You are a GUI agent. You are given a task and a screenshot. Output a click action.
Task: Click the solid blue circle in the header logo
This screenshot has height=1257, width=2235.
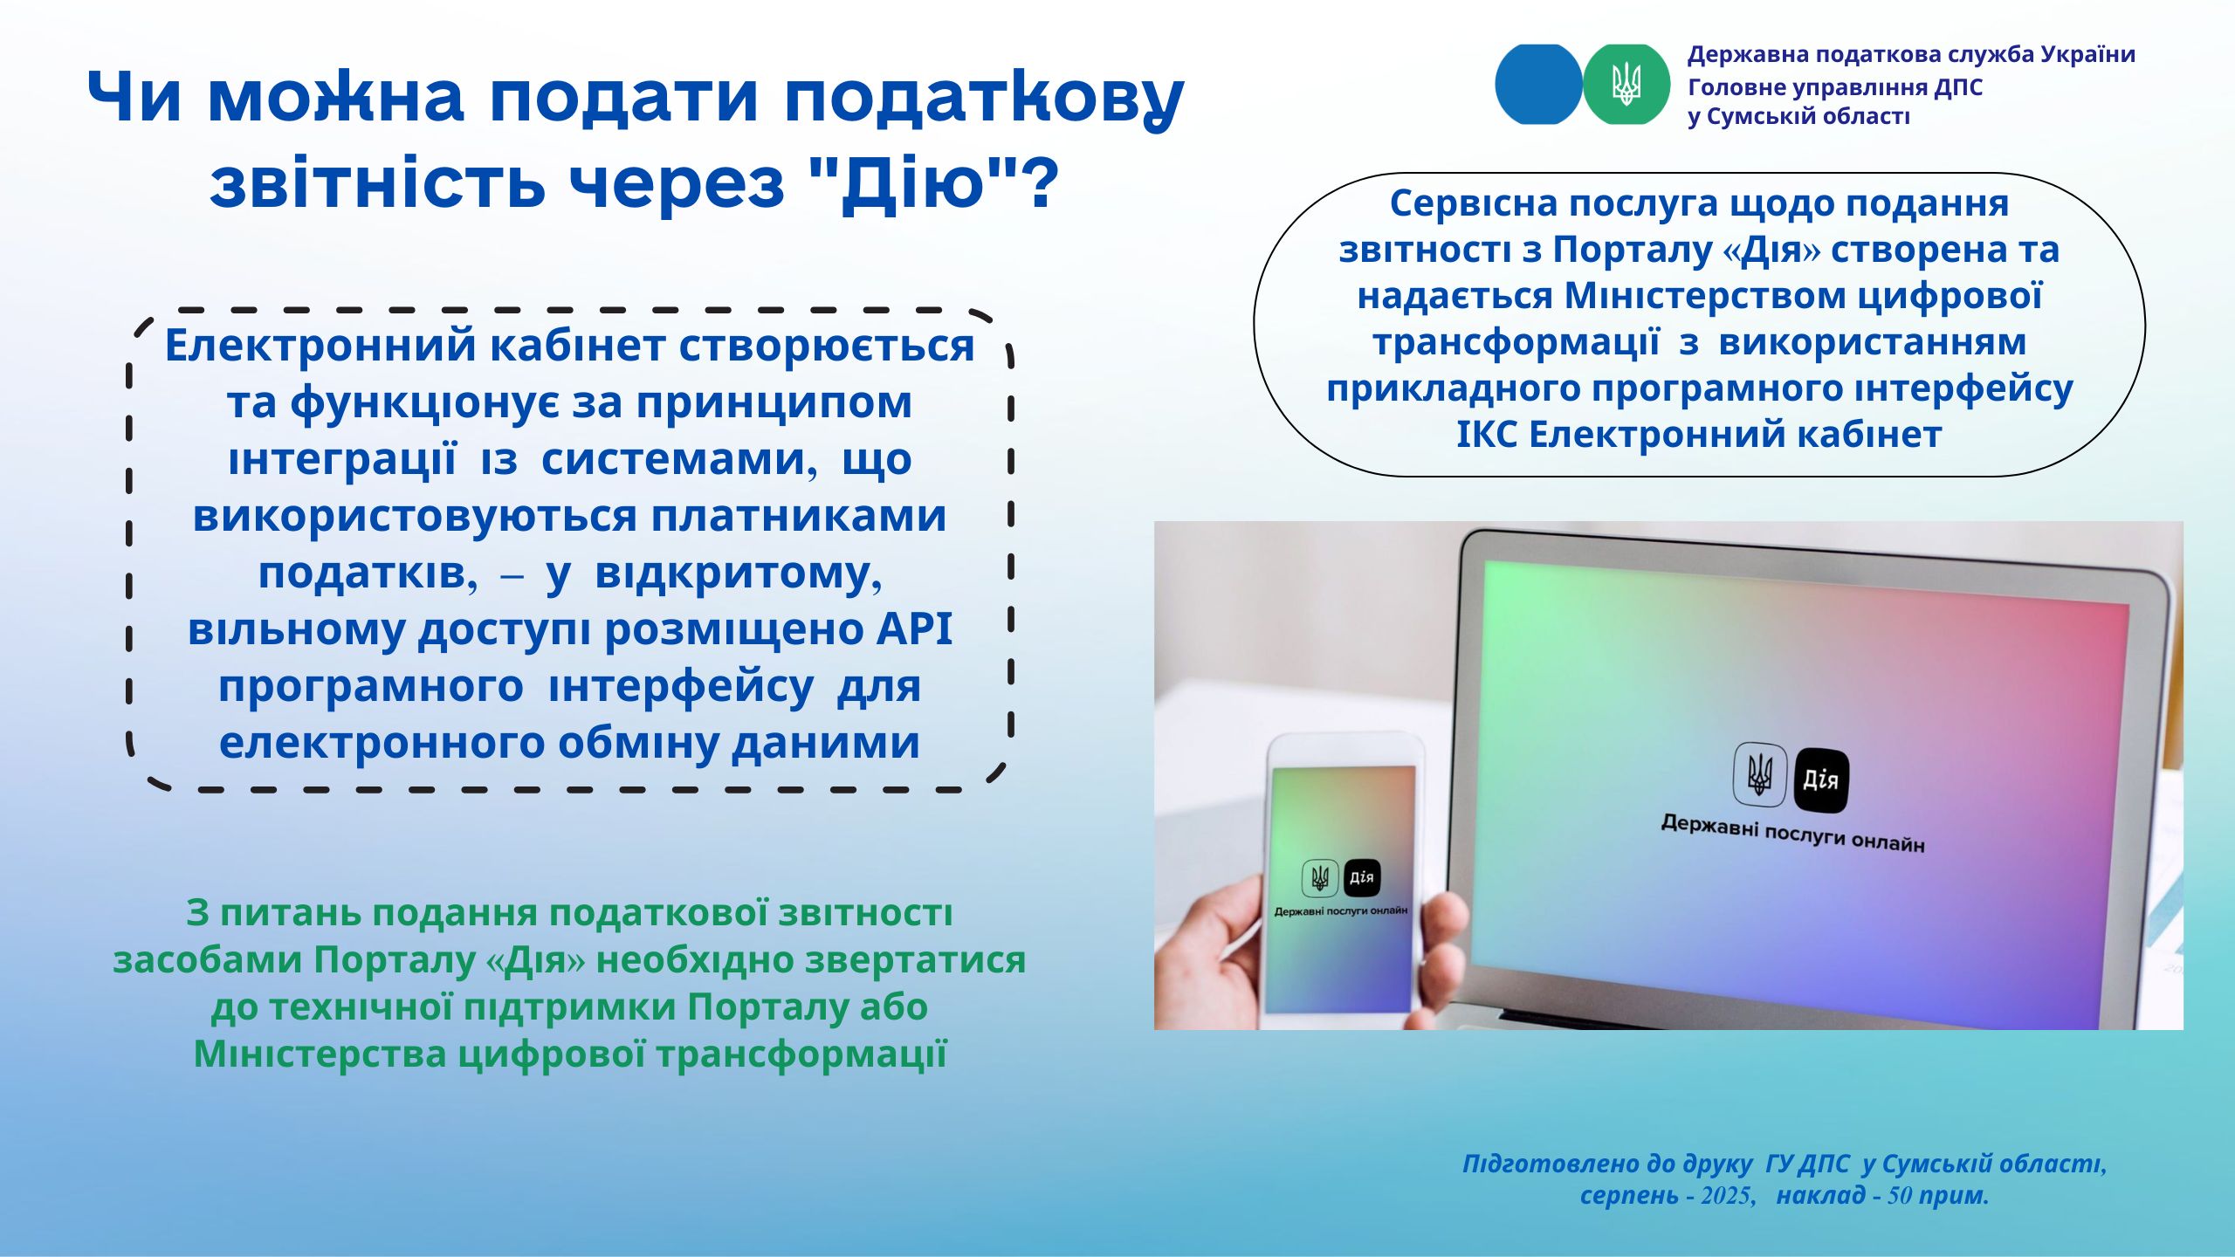(1538, 84)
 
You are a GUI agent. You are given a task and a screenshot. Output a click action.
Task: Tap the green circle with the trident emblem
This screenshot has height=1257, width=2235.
(1626, 84)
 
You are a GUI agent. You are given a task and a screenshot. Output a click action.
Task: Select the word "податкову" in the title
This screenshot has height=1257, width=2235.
(984, 98)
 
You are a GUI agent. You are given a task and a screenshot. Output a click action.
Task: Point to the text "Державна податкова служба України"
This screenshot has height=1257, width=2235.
(1911, 54)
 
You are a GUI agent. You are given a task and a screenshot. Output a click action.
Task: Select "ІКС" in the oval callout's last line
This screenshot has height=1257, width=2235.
(1487, 434)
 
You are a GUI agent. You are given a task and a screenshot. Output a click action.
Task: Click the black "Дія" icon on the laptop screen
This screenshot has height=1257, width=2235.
(1821, 780)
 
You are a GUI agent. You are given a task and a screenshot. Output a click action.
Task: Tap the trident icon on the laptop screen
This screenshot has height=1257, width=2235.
(1760, 773)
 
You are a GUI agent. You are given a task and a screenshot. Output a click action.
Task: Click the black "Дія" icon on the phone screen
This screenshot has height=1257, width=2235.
(1362, 878)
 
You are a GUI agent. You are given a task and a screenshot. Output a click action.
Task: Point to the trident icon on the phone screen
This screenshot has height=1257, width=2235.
(1320, 877)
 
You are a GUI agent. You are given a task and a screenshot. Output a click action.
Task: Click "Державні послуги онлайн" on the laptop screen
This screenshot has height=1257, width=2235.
(1792, 833)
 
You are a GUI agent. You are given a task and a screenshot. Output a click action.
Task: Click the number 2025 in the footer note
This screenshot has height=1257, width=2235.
(1728, 1196)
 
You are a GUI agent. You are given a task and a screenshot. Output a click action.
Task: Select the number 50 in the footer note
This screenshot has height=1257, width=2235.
(1900, 1196)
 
